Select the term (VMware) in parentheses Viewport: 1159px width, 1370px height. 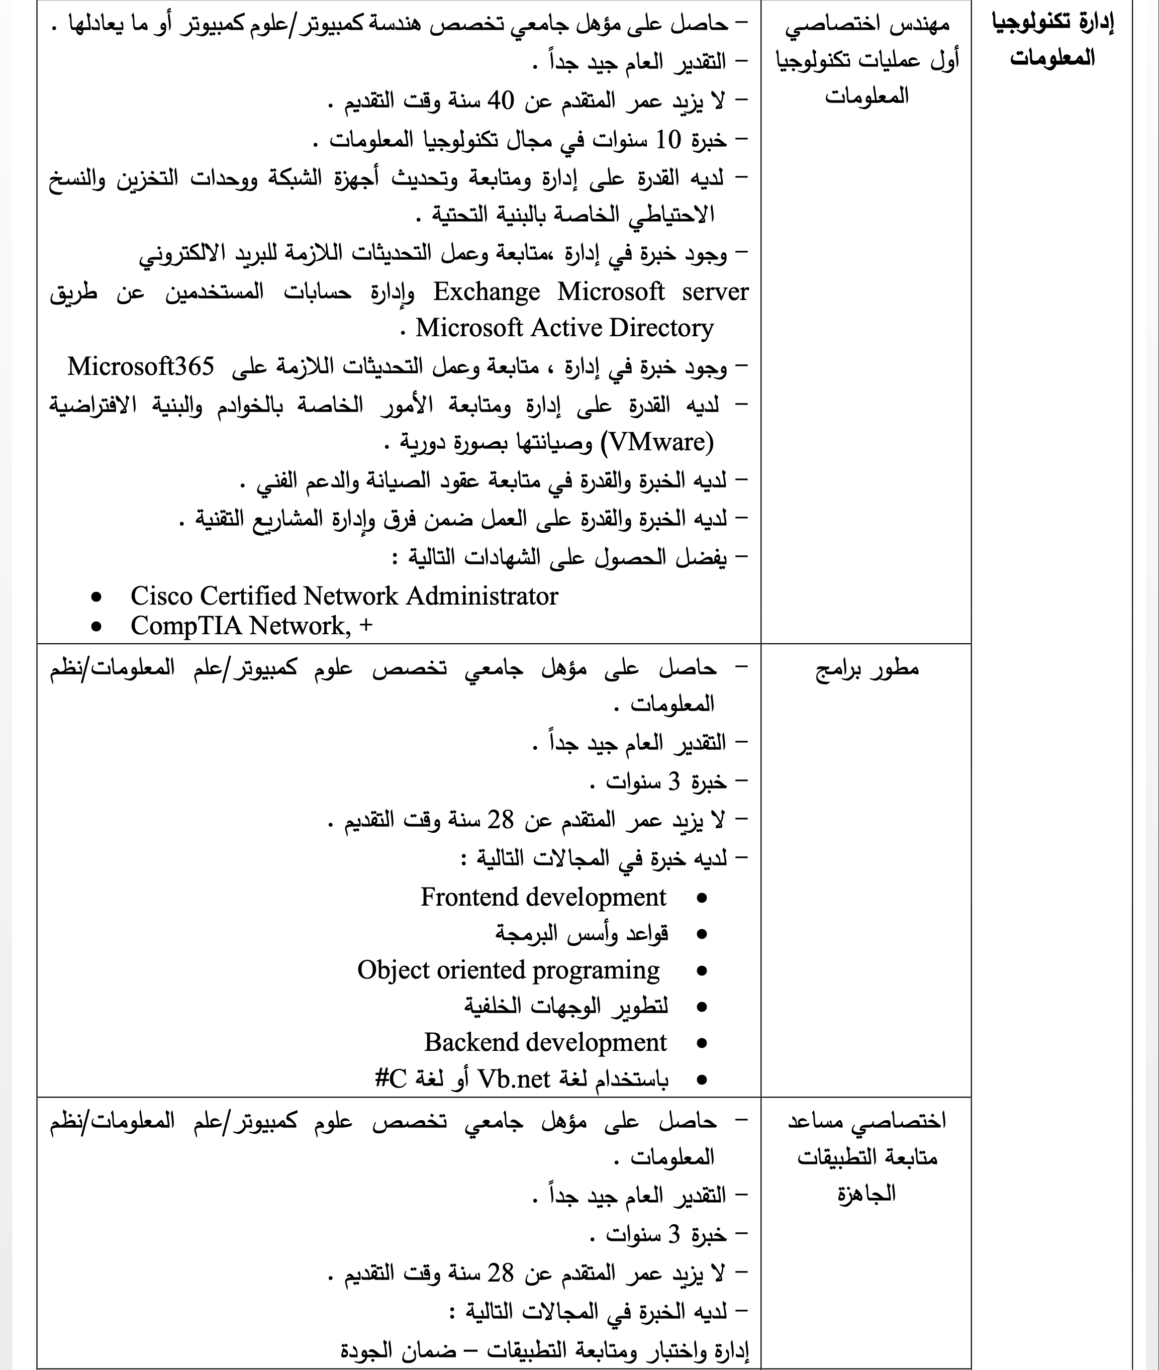pyautogui.click(x=661, y=442)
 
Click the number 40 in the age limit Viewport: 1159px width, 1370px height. pyautogui.click(x=500, y=101)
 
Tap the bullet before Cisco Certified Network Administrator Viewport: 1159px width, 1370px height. pyautogui.click(x=96, y=597)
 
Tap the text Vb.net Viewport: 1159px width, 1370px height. pyautogui.click(x=513, y=1079)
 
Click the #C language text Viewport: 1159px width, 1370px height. pyautogui.click(x=391, y=1079)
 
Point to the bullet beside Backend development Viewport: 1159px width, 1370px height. pyautogui.click(x=702, y=1043)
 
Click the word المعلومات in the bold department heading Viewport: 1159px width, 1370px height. pyautogui.click(x=1052, y=58)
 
